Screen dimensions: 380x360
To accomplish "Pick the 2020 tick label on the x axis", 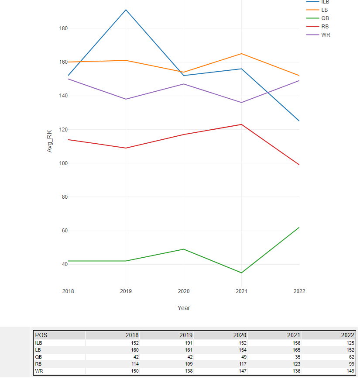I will click(184, 291).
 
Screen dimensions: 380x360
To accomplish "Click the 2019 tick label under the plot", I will click(126, 291).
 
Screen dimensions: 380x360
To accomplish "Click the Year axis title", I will click(184, 308).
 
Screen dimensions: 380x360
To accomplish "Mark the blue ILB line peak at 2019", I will click(126, 10).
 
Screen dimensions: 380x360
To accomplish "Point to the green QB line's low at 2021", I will click(241, 273).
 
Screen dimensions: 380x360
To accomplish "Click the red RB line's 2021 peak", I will click(241, 124).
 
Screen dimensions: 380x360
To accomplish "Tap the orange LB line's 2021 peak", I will click(241, 54).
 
